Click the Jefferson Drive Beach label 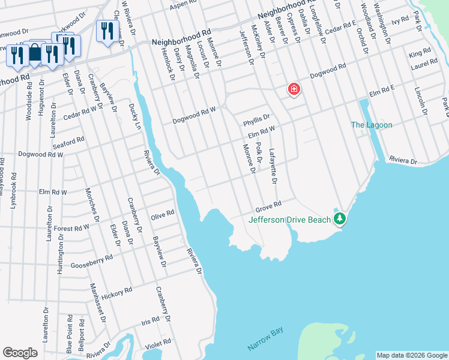(290, 220)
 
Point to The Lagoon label (372, 125)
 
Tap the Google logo (20, 353)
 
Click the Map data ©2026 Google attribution (412, 355)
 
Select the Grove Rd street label (268, 207)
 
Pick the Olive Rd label (162, 214)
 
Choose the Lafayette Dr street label (273, 166)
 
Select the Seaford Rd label (67, 142)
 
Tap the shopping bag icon (35, 53)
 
